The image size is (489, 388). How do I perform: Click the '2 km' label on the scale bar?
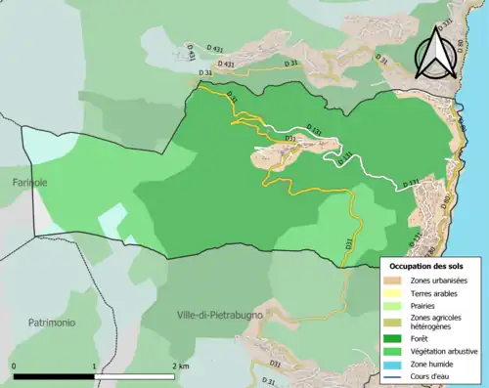pyautogui.click(x=182, y=366)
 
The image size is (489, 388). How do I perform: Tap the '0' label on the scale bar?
pyautogui.click(x=15, y=366)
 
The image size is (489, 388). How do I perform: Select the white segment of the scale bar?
pyautogui.click(x=134, y=376)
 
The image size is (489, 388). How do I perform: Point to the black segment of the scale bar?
pyautogui.click(x=54, y=376)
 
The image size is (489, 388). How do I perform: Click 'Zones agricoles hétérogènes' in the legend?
pyautogui.click(x=435, y=323)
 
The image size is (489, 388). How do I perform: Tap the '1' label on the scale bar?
pyautogui.click(x=94, y=366)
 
